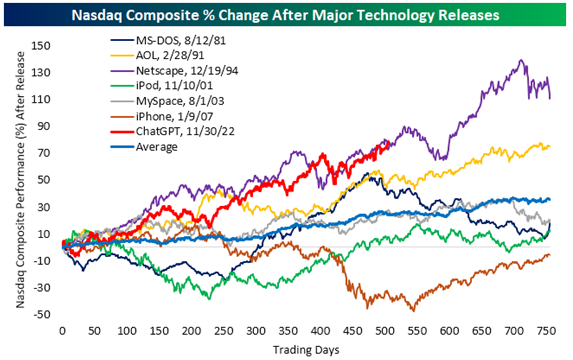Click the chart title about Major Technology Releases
(x=286, y=14)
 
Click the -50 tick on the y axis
(x=43, y=315)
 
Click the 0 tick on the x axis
(x=62, y=330)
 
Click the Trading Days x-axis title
(x=308, y=348)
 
